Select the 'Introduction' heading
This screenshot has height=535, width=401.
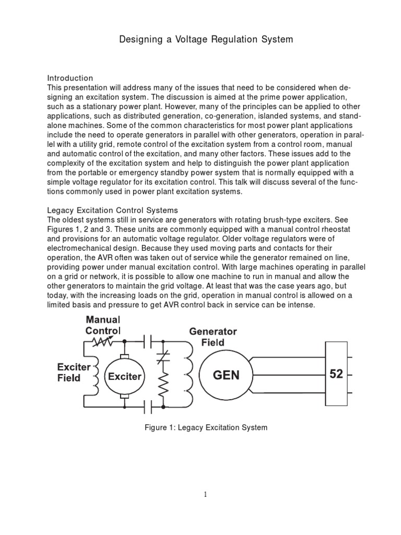pyautogui.click(x=70, y=78)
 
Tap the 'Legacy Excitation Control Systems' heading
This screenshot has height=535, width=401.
pyautogui.click(x=109, y=210)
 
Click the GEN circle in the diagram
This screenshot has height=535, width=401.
pyautogui.click(x=226, y=375)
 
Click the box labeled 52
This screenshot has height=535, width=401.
pyautogui.click(x=336, y=374)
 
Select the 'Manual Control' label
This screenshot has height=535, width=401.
pyautogui.click(x=103, y=325)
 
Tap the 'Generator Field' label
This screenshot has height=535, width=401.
pyautogui.click(x=213, y=337)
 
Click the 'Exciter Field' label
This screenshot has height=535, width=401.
pyautogui.click(x=74, y=372)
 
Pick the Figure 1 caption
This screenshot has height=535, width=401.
pyautogui.click(x=206, y=427)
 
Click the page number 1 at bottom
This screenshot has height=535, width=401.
pyautogui.click(x=206, y=495)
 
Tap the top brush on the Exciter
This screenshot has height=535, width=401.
pyautogui.click(x=125, y=357)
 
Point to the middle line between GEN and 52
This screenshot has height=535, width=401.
pyautogui.click(x=290, y=375)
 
